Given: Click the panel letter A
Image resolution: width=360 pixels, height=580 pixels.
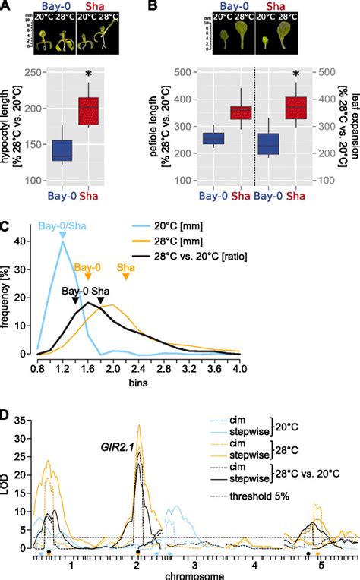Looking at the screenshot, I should click(x=6, y=6).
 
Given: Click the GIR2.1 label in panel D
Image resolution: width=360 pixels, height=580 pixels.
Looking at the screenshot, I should click(x=108, y=448).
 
